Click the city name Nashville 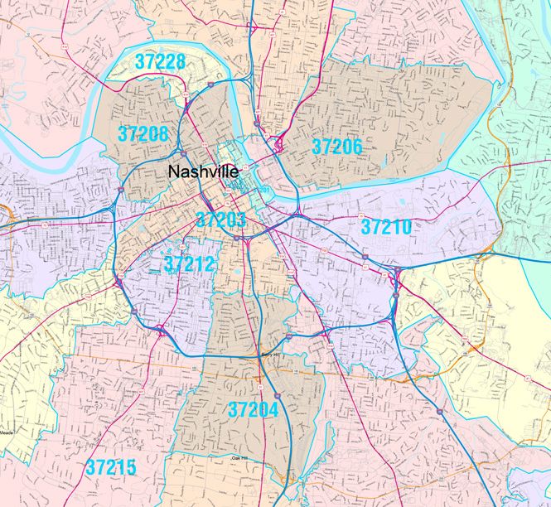203,171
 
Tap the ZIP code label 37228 161,62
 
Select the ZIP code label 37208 143,133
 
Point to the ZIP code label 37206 337,147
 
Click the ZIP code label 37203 220,220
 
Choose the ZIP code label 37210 387,225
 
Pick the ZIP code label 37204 253,408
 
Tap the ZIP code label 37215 111,466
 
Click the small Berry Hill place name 272,354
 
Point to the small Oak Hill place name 239,457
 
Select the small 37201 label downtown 263,191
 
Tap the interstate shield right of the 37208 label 181,153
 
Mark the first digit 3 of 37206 317,147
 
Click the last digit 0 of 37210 407,225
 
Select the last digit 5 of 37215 131,466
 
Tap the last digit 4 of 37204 273,408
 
